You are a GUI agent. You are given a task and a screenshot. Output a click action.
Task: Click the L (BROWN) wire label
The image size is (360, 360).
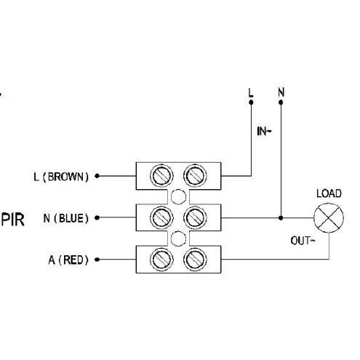tap(61, 177)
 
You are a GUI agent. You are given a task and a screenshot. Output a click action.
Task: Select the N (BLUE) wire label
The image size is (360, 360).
tap(65, 218)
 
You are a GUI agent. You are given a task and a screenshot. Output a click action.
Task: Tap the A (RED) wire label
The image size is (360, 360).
tap(68, 260)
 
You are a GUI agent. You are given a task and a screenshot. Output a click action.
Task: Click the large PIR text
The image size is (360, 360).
tap(13, 220)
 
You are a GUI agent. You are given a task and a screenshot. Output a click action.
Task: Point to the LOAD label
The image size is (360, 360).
tap(329, 193)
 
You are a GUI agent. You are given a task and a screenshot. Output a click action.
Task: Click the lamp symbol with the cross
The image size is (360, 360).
tap(329, 218)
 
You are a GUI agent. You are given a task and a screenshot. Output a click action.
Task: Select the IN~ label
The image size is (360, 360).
tap(264, 132)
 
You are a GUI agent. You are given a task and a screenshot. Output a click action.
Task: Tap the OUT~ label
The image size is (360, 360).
tap(303, 241)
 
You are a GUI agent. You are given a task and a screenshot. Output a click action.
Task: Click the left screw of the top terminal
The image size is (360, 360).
tap(161, 175)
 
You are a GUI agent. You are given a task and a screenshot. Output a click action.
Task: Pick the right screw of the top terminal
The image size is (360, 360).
tap(195, 175)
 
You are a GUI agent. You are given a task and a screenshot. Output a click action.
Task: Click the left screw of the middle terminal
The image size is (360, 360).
tap(161, 217)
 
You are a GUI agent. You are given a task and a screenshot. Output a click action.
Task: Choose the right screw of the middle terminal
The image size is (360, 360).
tap(195, 217)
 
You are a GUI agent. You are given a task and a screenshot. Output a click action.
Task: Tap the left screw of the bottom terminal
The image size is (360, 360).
tap(161, 260)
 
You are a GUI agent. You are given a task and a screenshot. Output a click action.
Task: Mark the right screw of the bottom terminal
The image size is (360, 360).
tap(195, 260)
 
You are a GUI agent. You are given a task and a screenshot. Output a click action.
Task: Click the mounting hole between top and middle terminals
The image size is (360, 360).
tap(178, 196)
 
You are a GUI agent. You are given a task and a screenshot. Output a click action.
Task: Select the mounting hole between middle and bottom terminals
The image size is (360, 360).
tap(178, 239)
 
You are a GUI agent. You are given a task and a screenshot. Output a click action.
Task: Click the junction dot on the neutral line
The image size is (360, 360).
tap(281, 218)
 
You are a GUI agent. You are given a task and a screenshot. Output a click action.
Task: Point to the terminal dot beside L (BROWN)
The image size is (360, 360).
tap(97, 176)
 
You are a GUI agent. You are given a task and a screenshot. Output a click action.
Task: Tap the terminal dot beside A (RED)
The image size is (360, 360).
tap(97, 260)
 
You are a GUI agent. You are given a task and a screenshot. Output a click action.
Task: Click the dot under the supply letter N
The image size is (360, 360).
tap(281, 103)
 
